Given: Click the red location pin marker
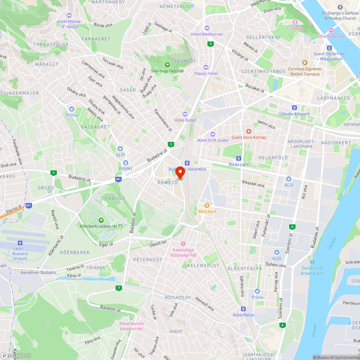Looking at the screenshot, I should click(x=180, y=173).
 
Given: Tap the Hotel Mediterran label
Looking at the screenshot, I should click(x=207, y=34).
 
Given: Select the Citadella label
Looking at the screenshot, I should click(x=295, y=28).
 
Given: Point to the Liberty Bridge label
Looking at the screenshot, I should click(x=331, y=36).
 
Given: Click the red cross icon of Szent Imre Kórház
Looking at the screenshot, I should click(x=248, y=132).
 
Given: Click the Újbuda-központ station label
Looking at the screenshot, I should click(x=294, y=114).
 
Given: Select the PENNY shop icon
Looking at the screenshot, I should click(x=126, y=163).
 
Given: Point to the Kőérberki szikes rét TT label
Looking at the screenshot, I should click(x=101, y=226).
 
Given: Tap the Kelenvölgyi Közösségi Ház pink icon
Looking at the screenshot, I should click(x=183, y=244).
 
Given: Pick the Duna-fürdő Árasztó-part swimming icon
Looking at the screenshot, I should click(x=312, y=262).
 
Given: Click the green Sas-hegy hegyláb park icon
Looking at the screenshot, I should click(x=167, y=65).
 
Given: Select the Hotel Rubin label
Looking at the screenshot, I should click(x=185, y=120).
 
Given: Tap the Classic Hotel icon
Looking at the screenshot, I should click(x=206, y=67).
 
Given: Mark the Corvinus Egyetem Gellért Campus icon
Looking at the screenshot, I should click(x=304, y=63).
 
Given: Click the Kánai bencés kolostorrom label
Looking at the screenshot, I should click(x=131, y=326).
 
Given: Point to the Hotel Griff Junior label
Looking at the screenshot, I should click(x=213, y=140).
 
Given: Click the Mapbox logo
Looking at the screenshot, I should click(x=16, y=355).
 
